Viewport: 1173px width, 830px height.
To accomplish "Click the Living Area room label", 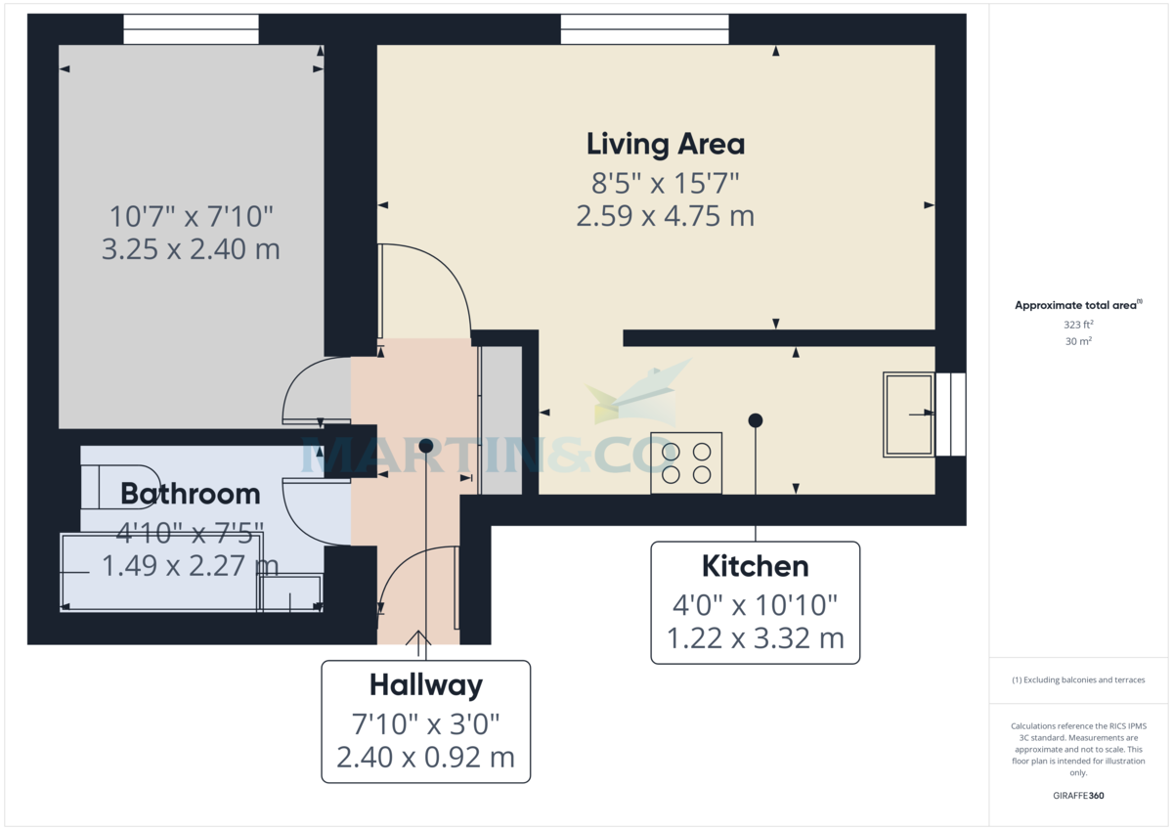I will tap(666, 145).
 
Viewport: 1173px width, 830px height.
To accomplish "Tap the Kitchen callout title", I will tap(755, 566).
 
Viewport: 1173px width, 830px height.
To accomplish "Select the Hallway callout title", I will tap(425, 685).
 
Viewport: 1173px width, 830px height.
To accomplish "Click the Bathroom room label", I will tap(191, 494).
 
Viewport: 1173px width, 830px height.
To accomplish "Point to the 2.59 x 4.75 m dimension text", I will tap(665, 216).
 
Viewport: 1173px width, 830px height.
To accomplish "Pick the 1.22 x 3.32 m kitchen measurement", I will tap(755, 638).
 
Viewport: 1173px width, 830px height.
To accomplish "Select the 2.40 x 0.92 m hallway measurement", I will tap(425, 758).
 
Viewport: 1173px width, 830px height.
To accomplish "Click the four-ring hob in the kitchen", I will tap(686, 462).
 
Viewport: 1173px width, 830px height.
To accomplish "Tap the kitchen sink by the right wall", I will tap(909, 414).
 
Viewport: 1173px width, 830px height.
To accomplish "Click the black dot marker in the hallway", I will tap(425, 445).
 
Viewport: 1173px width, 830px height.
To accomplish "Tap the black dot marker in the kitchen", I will tap(755, 420).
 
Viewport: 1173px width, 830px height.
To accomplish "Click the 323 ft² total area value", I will tap(1078, 324).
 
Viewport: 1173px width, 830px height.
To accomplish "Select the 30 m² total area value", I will tap(1078, 341).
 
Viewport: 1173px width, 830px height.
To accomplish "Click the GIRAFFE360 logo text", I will tap(1078, 796).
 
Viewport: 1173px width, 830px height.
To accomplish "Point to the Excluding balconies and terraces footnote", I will tap(1078, 679).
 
